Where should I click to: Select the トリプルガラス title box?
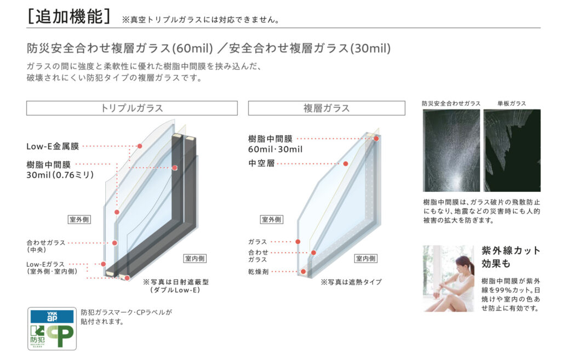coord(131,108)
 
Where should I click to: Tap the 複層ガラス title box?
coord(327,108)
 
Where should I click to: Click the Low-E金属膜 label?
coord(53,146)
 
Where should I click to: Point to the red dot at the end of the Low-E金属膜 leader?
coord(140,146)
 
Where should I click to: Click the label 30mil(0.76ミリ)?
coord(60,175)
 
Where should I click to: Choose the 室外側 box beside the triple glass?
coord(79,219)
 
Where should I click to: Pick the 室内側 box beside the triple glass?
coord(194,259)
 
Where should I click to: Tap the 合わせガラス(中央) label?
coord(46,246)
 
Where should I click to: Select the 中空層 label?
coord(261,163)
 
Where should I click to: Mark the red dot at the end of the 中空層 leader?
coord(346,163)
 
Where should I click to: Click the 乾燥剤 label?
coord(259,272)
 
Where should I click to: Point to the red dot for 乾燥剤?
coord(304,272)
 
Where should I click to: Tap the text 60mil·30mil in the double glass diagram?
coord(275,149)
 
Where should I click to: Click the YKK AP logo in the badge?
coord(52,316)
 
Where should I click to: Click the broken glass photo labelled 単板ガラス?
coord(512,150)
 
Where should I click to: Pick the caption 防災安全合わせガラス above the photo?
coord(451,104)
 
